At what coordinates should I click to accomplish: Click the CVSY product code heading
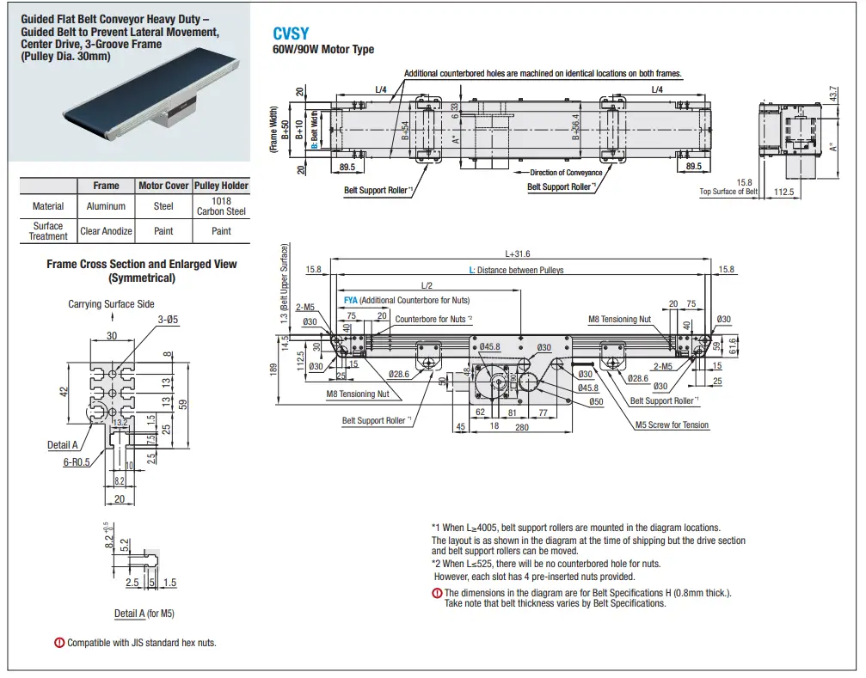(291, 34)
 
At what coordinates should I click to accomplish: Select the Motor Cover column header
(163, 186)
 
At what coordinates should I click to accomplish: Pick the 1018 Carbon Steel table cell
(221, 206)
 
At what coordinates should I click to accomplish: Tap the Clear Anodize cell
(106, 231)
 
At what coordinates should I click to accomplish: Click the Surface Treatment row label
(48, 231)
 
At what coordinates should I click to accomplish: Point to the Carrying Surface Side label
(111, 304)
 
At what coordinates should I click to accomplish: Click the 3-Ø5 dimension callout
(168, 321)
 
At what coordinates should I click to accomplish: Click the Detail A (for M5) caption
(144, 614)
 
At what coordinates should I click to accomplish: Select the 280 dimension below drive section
(521, 426)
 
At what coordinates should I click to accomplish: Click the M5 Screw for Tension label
(672, 425)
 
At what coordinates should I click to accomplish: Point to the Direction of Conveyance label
(566, 173)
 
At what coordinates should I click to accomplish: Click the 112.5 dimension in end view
(783, 192)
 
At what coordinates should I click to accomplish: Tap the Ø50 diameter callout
(596, 402)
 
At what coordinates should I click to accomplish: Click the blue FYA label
(351, 300)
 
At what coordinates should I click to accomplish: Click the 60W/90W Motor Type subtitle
(323, 50)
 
